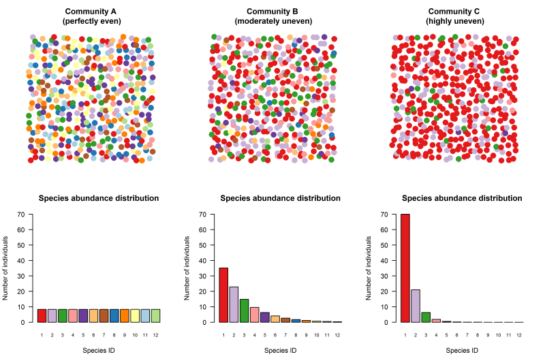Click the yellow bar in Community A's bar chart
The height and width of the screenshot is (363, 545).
point(135,316)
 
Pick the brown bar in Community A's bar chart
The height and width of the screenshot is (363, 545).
point(104,316)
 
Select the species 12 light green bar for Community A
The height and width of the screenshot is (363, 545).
point(155,316)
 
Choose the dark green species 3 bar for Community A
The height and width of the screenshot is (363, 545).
point(63,316)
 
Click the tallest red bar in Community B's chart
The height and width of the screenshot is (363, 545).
point(223,295)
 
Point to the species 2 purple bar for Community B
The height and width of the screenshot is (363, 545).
point(234,304)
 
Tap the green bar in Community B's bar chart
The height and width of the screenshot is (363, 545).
point(244,311)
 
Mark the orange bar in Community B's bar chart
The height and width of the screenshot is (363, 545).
point(275,319)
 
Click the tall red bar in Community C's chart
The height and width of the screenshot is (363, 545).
point(405,268)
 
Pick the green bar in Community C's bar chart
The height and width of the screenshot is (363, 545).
point(426,317)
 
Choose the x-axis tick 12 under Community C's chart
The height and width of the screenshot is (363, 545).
point(519,335)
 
